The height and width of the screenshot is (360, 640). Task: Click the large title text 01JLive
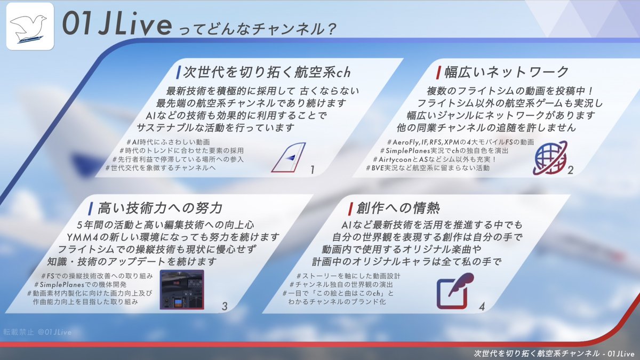[117, 24]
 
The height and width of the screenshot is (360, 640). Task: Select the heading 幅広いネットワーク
[506, 72]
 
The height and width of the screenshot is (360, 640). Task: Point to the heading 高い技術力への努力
[160, 208]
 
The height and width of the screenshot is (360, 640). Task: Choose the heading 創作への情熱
[398, 208]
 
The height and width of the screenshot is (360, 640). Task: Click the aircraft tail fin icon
[289, 157]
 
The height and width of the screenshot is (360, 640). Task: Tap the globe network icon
[549, 158]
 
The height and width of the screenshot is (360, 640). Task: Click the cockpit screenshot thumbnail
[182, 290]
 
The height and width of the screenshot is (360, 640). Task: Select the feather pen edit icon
[455, 291]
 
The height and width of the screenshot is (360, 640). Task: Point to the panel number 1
[313, 170]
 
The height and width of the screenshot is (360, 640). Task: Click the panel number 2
[571, 170]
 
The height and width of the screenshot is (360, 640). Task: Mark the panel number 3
[225, 306]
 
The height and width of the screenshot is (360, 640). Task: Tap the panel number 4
[482, 307]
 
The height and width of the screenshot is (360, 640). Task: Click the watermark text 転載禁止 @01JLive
[37, 332]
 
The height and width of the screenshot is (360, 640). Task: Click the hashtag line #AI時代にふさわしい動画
[169, 142]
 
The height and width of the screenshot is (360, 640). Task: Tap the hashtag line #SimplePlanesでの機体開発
[81, 285]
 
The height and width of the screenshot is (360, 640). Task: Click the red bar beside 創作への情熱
[350, 209]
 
